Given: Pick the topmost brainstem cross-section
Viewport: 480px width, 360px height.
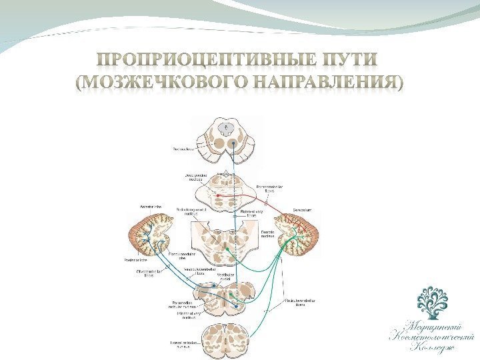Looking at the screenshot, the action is [x=228, y=137].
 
